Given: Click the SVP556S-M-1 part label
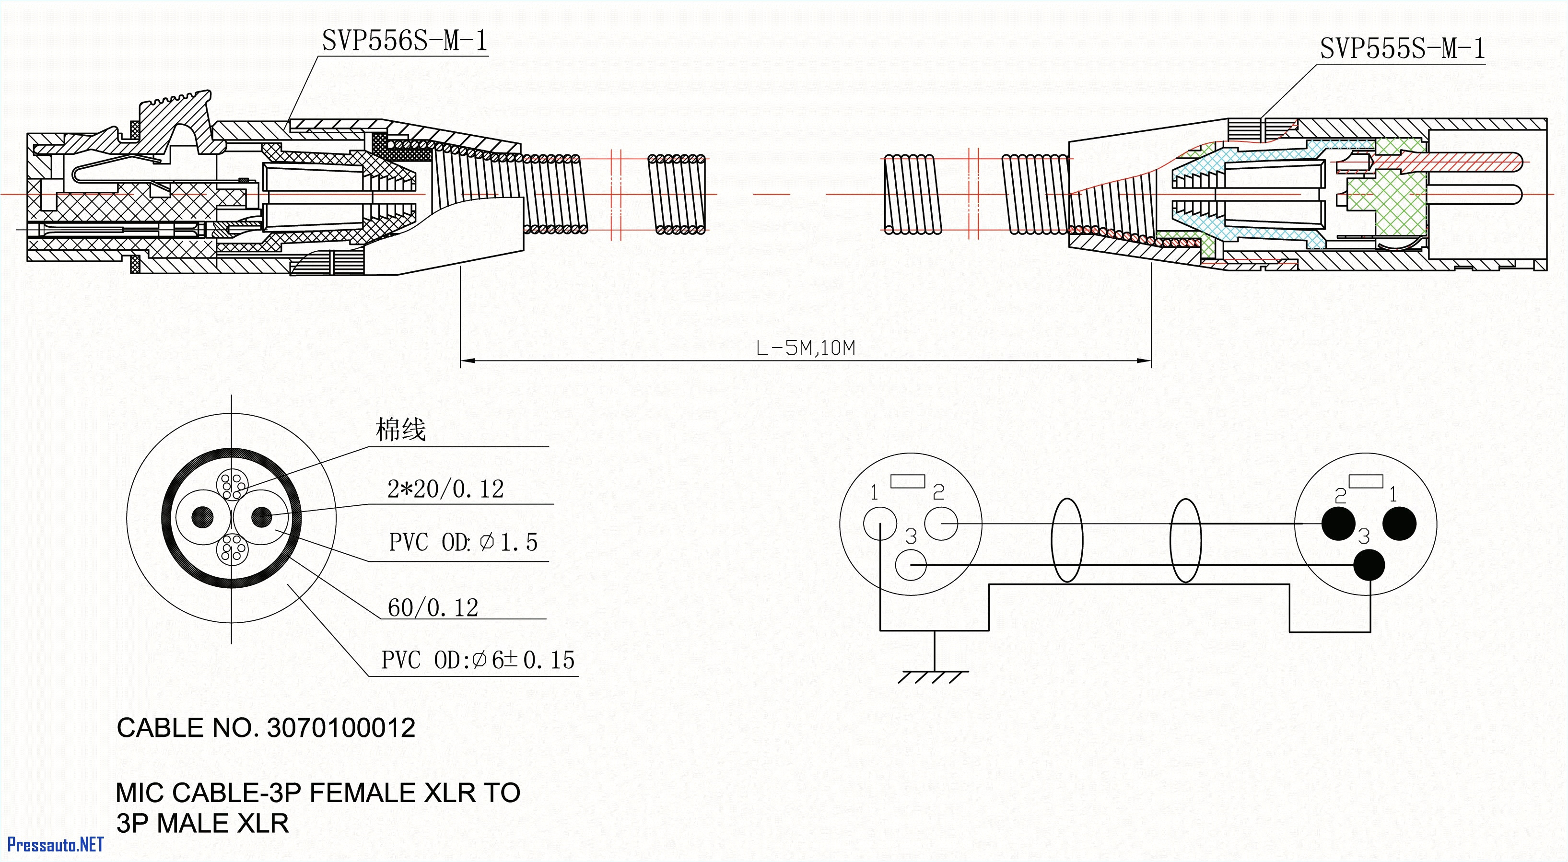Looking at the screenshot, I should tap(404, 41).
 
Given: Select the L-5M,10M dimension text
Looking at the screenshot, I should tap(805, 348).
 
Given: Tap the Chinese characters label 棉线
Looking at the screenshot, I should tap(400, 430).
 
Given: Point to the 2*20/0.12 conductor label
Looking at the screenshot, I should tap(445, 489).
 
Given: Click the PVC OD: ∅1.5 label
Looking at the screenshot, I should tap(463, 542).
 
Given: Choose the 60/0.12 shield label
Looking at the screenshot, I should tap(433, 607).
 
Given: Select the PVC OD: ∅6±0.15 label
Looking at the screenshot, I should tap(478, 660).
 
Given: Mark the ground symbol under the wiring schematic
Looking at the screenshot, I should tap(934, 676).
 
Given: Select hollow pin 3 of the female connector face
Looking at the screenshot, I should tap(911, 565).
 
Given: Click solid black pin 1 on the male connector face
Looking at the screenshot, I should tap(1399, 524).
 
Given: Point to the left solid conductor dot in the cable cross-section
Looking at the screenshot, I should tap(203, 517).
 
